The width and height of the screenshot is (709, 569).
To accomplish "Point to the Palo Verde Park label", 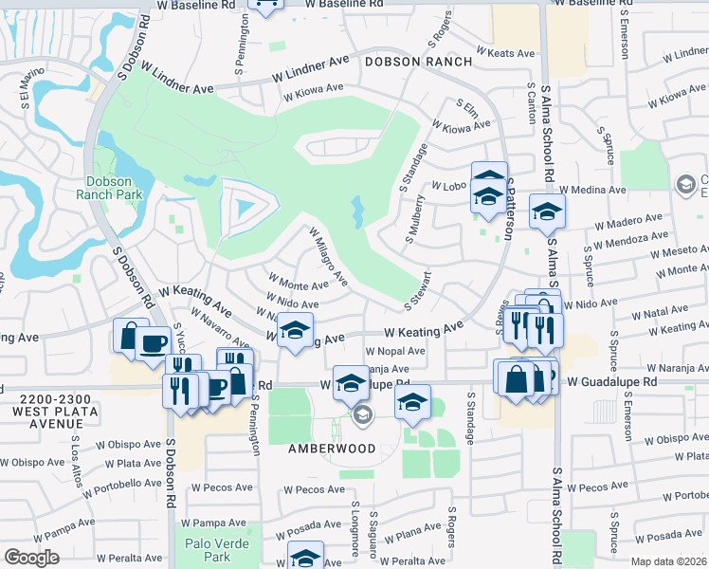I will (209, 549).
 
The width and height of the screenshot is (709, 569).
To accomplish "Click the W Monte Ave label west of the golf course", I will (299, 283).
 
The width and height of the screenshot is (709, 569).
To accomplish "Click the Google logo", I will (31, 558).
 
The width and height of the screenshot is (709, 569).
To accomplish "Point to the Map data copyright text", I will (669, 560).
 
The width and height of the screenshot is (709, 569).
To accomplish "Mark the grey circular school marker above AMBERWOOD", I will (362, 415).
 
